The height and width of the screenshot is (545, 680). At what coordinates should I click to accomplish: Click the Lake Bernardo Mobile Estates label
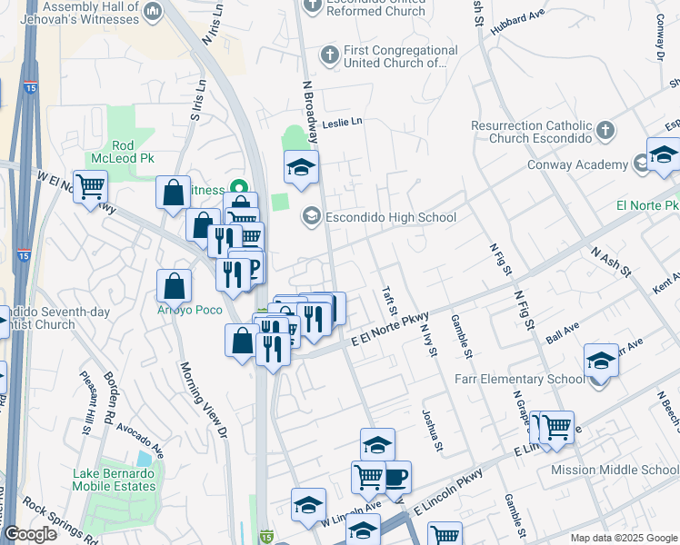[x=115, y=480]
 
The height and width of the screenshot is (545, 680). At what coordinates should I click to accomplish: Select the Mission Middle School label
[x=615, y=470]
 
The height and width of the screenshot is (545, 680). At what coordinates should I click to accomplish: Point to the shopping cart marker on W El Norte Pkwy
[x=90, y=187]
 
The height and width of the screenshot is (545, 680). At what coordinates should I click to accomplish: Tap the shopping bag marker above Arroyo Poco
[x=174, y=285]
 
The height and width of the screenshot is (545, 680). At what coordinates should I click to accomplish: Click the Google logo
[x=30, y=534]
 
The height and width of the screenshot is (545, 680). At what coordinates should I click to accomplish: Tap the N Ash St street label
[x=608, y=263]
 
